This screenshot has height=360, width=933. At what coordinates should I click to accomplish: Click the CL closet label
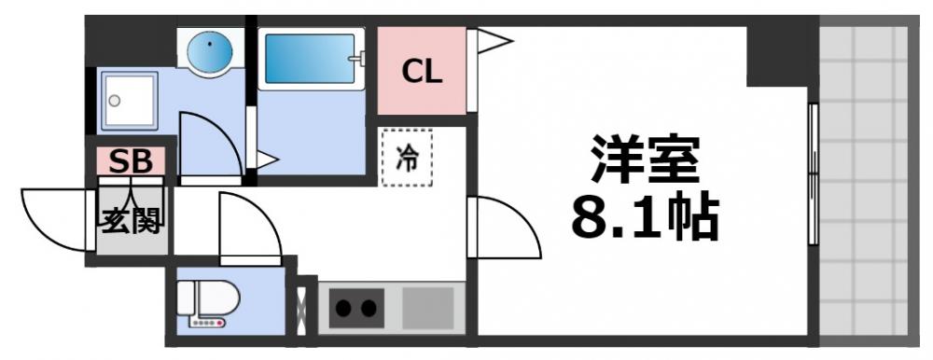(422, 72)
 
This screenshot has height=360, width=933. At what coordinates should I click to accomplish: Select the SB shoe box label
(131, 160)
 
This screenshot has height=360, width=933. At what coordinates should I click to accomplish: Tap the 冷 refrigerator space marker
(407, 158)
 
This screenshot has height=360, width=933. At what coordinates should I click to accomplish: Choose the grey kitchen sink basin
(427, 307)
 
